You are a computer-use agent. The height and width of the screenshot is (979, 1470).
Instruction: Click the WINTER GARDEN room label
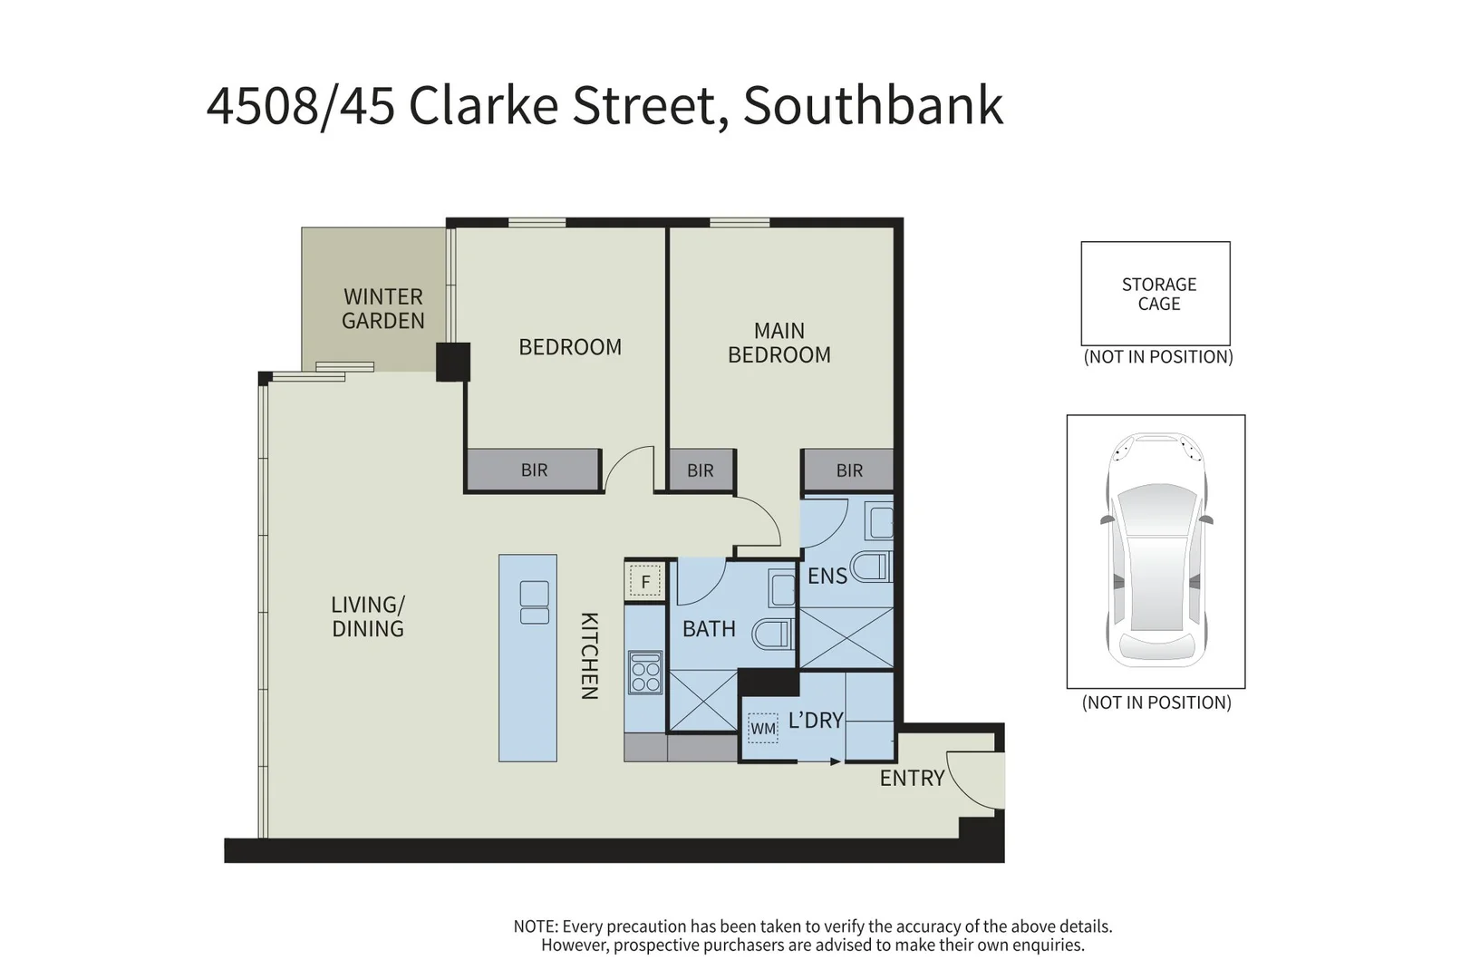point(382,308)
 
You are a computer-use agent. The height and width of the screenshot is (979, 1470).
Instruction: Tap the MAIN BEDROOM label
point(779,343)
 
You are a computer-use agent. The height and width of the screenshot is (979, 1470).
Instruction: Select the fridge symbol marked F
point(645,582)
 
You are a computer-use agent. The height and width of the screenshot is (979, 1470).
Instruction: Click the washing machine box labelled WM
point(763,728)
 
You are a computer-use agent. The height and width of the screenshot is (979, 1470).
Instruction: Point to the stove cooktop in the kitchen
point(645,672)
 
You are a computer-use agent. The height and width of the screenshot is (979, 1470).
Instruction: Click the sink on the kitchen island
point(535,602)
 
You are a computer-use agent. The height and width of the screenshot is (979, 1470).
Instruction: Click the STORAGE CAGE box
point(1156,294)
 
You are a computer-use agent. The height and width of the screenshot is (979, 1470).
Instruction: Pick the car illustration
point(1156,550)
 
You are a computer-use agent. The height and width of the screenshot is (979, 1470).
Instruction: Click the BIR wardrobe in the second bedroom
point(534,470)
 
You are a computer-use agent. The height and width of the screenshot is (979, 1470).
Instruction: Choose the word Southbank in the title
point(873,106)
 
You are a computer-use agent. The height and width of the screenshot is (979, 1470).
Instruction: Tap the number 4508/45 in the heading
point(300,106)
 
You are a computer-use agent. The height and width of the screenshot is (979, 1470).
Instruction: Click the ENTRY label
point(912,778)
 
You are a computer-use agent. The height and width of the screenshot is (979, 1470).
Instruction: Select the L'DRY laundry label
point(816,721)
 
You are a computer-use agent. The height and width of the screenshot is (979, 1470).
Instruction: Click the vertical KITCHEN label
point(589,655)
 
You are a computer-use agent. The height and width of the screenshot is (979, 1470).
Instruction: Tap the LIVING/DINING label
point(368,616)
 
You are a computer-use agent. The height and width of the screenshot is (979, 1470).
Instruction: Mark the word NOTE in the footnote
point(535,926)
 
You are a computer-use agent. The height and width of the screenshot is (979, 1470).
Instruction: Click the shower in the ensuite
point(846,639)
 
